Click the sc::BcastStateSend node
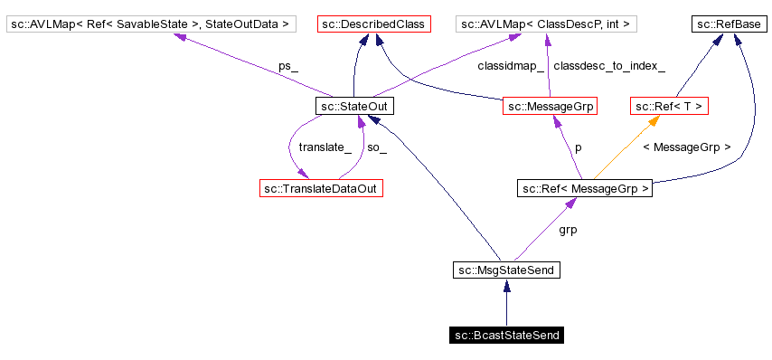pyautogui.click(x=506, y=336)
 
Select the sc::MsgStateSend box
pyautogui.click(x=506, y=270)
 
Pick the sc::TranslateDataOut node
pyautogui.click(x=320, y=188)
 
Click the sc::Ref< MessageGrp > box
pyautogui.click(x=584, y=188)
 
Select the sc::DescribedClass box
pyautogui.click(x=373, y=23)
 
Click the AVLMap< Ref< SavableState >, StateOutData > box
pyautogui.click(x=151, y=23)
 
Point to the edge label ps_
pyautogui.click(x=287, y=66)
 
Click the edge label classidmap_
pyautogui.click(x=511, y=66)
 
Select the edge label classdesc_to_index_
pyautogui.click(x=608, y=66)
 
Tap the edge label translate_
pyautogui.click(x=325, y=147)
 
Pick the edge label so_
pyautogui.click(x=377, y=147)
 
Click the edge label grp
pyautogui.click(x=568, y=230)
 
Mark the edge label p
pyautogui.click(x=578, y=147)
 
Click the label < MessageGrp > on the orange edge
pyautogui.click(x=685, y=147)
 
